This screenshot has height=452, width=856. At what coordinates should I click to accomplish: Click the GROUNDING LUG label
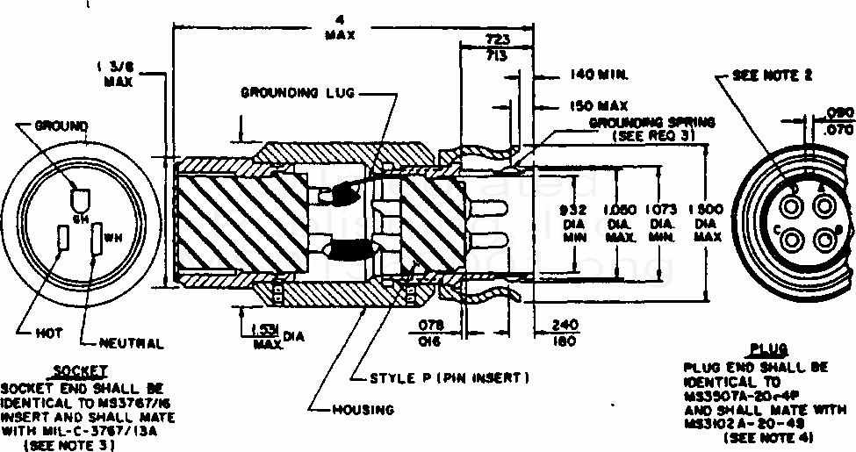tap(298, 92)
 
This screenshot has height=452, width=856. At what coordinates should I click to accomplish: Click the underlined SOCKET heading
tap(80, 371)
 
